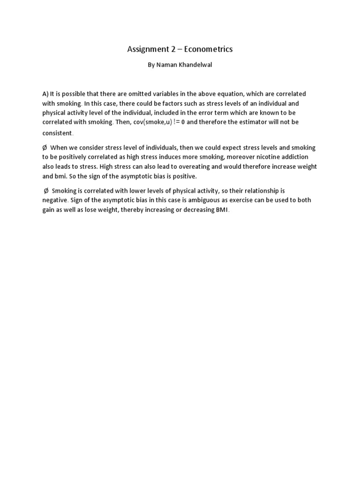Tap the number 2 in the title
click(x=169, y=49)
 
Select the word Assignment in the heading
click(x=145, y=49)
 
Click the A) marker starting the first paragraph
click(x=45, y=94)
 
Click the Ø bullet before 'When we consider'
click(x=45, y=148)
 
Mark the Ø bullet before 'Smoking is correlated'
click(x=46, y=191)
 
